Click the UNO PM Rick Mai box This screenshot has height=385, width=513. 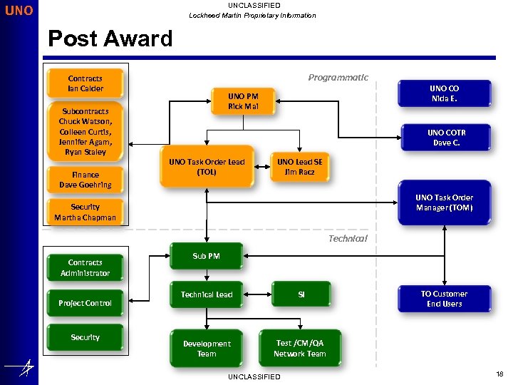click(243, 101)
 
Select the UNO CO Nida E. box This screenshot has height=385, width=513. click(444, 94)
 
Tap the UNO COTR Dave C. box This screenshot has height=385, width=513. click(447, 138)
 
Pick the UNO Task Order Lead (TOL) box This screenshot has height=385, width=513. click(207, 167)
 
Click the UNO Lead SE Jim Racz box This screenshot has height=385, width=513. click(299, 167)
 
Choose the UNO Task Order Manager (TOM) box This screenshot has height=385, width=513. click(444, 203)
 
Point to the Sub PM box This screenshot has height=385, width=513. click(207, 256)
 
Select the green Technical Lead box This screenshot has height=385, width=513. click(207, 294)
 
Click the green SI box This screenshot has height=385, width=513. click(301, 294)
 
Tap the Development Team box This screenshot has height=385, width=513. click(207, 349)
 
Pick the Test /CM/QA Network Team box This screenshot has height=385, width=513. click(299, 348)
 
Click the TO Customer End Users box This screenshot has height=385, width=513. click(444, 299)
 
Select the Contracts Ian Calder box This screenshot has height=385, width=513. click(85, 83)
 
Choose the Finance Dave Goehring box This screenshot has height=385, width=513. click(85, 180)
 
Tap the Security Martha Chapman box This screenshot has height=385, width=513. click(85, 212)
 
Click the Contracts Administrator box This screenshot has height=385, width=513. click(85, 268)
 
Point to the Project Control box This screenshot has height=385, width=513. click(85, 303)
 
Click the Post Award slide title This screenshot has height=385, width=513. click(110, 38)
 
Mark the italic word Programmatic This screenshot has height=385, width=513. click(338, 78)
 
